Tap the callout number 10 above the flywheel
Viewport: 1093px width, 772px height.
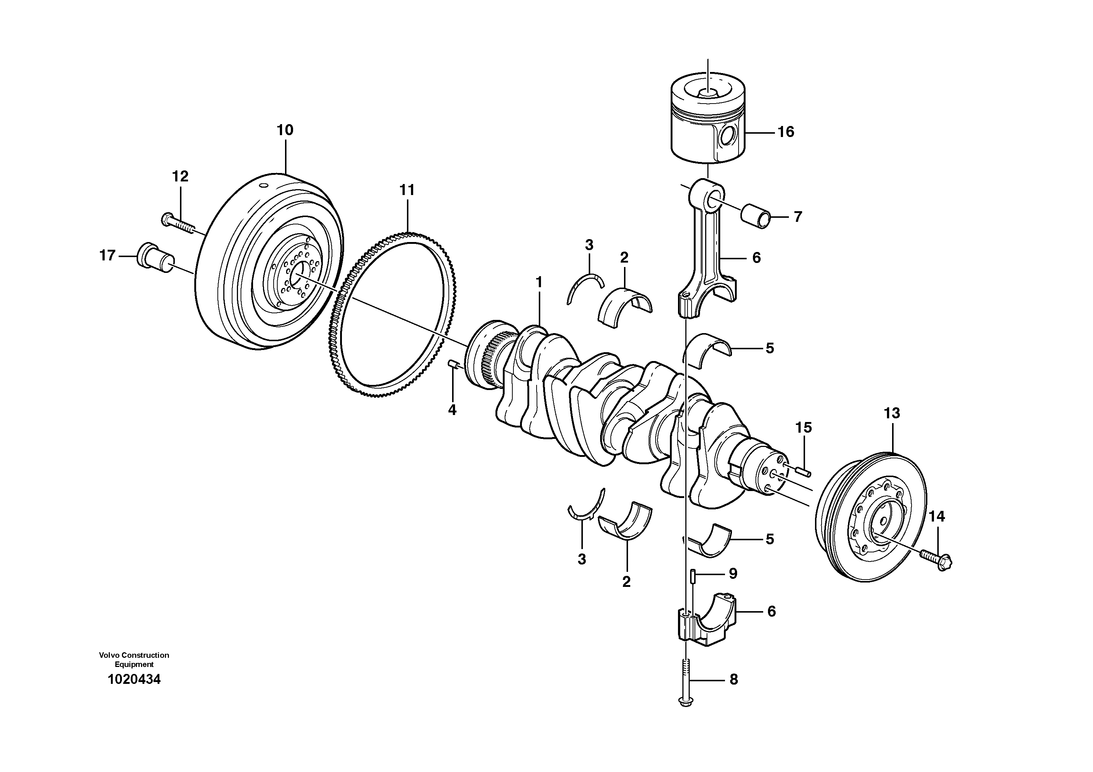click(x=285, y=130)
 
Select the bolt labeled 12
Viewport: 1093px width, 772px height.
click(x=178, y=224)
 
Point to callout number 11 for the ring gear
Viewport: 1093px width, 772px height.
click(x=407, y=190)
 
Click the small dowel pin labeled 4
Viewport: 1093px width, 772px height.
click(x=453, y=365)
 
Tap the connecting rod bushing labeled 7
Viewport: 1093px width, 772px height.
click(x=755, y=217)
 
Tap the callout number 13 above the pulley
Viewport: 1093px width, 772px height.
click(x=892, y=413)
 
